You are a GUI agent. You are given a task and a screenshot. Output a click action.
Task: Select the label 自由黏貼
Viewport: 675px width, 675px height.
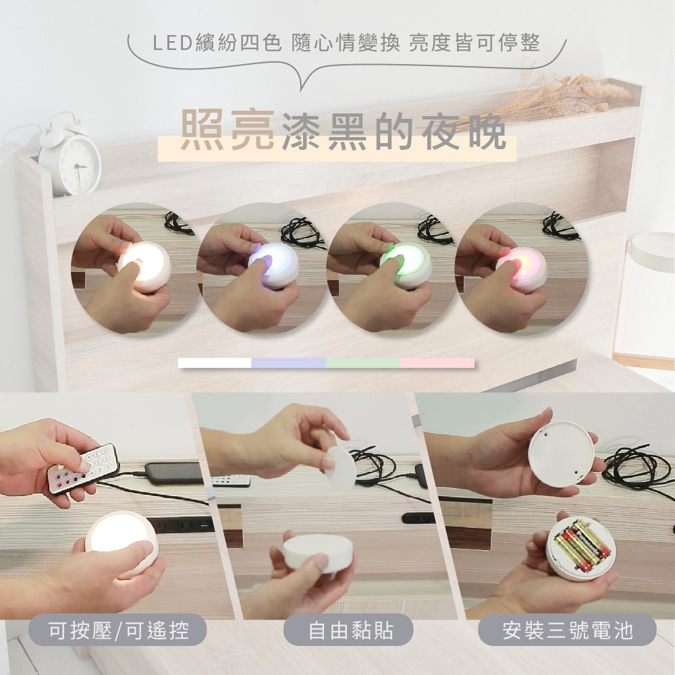pyautogui.click(x=350, y=632)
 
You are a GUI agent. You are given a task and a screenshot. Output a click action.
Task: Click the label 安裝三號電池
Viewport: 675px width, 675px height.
pyautogui.click(x=567, y=632)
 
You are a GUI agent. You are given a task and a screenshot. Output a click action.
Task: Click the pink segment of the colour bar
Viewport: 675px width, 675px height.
pyautogui.click(x=437, y=363)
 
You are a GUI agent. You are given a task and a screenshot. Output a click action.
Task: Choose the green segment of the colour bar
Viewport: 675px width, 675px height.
pyautogui.click(x=362, y=363)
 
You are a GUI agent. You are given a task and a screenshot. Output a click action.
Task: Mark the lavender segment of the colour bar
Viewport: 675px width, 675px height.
pyautogui.click(x=288, y=363)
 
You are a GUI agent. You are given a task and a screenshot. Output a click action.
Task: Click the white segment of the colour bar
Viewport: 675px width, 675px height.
pyautogui.click(x=215, y=363)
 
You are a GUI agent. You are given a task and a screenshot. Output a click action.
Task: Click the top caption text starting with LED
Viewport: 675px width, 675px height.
pyautogui.click(x=346, y=45)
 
